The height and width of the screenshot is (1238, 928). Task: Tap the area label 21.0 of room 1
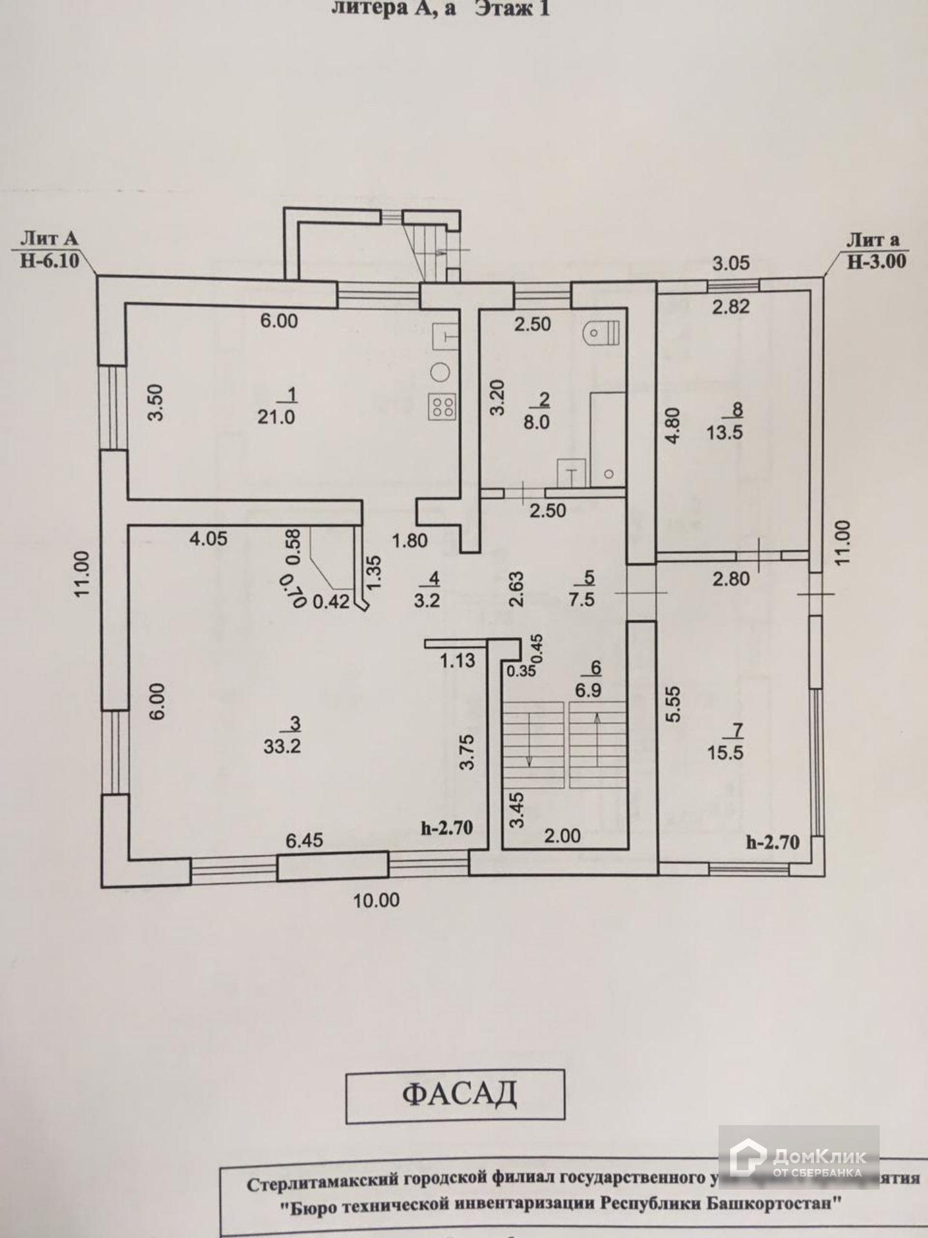tap(276, 417)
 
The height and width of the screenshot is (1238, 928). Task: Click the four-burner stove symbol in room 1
tap(443, 406)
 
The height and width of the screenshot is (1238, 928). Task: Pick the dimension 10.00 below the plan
tap(376, 900)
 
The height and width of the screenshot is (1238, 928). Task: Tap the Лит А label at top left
tap(49, 239)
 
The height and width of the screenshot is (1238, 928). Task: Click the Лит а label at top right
tap(873, 240)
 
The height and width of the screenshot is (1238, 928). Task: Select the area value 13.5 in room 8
tap(724, 432)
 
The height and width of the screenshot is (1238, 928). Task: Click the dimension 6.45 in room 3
tap(304, 840)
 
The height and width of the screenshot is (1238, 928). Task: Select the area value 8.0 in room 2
tap(536, 422)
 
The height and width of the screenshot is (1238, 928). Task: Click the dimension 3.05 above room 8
tap(731, 263)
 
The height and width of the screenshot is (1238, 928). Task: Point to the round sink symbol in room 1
tap(441, 372)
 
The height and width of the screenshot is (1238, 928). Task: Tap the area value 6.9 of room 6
tap(588, 691)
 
